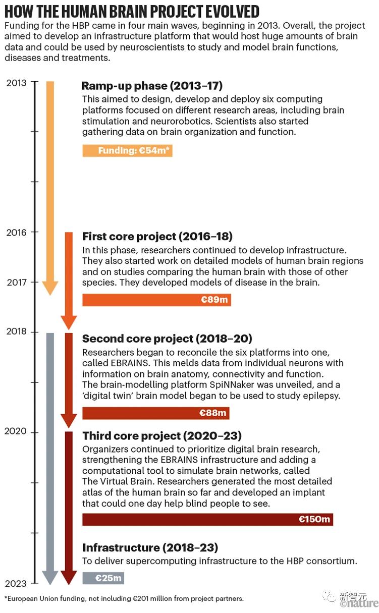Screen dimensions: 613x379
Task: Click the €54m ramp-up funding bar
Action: pos(127,150)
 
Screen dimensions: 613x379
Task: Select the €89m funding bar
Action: pos(156,300)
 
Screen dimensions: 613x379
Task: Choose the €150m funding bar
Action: pos(207,519)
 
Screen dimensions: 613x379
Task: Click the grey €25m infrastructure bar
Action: pos(103,578)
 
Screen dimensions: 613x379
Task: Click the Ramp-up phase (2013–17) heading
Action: pos(152,85)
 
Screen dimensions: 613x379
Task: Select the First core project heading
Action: pos(157,236)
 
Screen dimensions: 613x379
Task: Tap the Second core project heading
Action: pos(167,338)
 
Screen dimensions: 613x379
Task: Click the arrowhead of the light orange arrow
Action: pos(50,288)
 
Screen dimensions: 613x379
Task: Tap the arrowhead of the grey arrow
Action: pos(50,578)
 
